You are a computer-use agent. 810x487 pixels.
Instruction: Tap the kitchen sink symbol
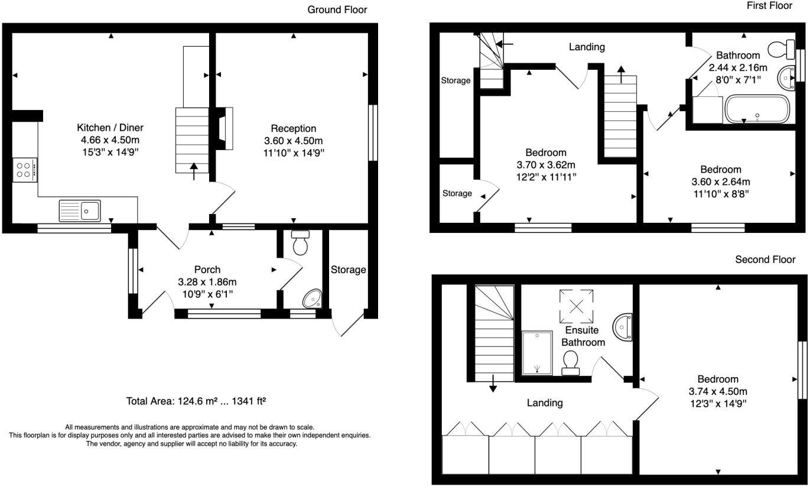(80, 210)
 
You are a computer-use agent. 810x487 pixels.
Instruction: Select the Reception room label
(294, 128)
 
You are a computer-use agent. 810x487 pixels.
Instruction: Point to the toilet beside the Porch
(301, 242)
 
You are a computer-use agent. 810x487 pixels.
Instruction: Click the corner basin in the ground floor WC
(313, 299)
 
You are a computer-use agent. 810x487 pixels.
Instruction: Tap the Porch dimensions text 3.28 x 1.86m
(207, 282)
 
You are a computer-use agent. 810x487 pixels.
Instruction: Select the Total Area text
(196, 401)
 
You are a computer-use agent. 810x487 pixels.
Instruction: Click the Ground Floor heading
(337, 9)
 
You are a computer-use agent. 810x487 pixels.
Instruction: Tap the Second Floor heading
(765, 259)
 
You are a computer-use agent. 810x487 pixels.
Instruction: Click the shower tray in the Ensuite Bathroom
(537, 353)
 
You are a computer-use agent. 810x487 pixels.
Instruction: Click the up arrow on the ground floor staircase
(194, 170)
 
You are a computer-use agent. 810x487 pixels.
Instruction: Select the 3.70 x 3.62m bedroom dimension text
(546, 164)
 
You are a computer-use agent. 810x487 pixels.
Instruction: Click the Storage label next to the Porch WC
(348, 270)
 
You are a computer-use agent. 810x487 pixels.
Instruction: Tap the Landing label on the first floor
(587, 47)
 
